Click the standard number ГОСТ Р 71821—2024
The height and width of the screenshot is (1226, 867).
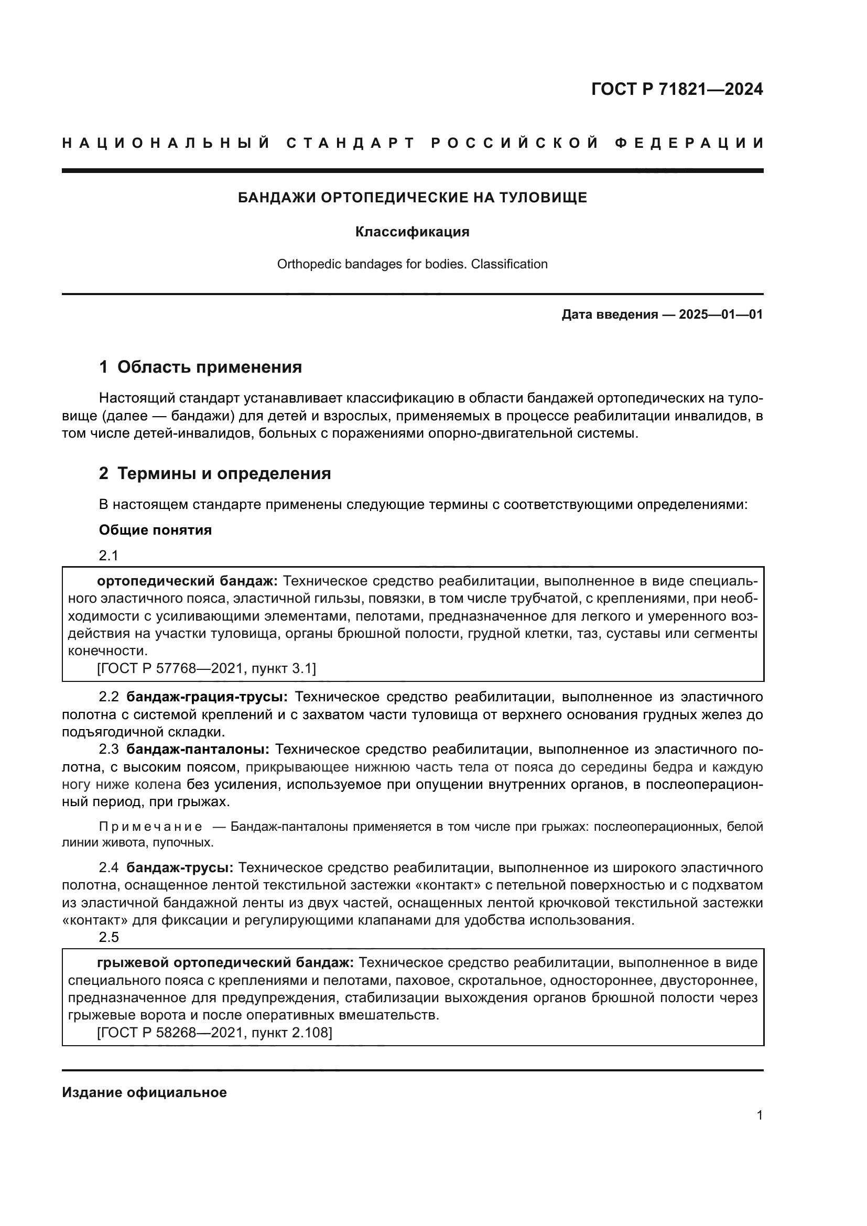pos(676,89)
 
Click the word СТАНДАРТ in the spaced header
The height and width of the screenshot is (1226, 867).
pos(350,143)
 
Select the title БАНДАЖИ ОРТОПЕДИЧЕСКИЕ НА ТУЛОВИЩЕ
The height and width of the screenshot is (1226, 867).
pos(412,198)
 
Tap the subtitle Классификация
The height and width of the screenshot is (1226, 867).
pos(412,232)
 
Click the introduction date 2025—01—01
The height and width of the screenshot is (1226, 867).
pos(721,314)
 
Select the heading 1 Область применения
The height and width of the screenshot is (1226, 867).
pos(200,367)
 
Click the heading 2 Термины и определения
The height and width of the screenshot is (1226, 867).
pos(214,473)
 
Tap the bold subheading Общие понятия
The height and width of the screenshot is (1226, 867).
pos(155,530)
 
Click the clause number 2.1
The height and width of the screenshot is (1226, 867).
pos(109,555)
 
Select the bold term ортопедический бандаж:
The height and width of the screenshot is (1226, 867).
pos(187,581)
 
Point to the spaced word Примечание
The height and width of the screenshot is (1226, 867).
pos(150,827)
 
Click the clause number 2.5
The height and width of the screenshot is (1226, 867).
pos(109,937)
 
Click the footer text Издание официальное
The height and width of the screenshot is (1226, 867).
pos(144,1092)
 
